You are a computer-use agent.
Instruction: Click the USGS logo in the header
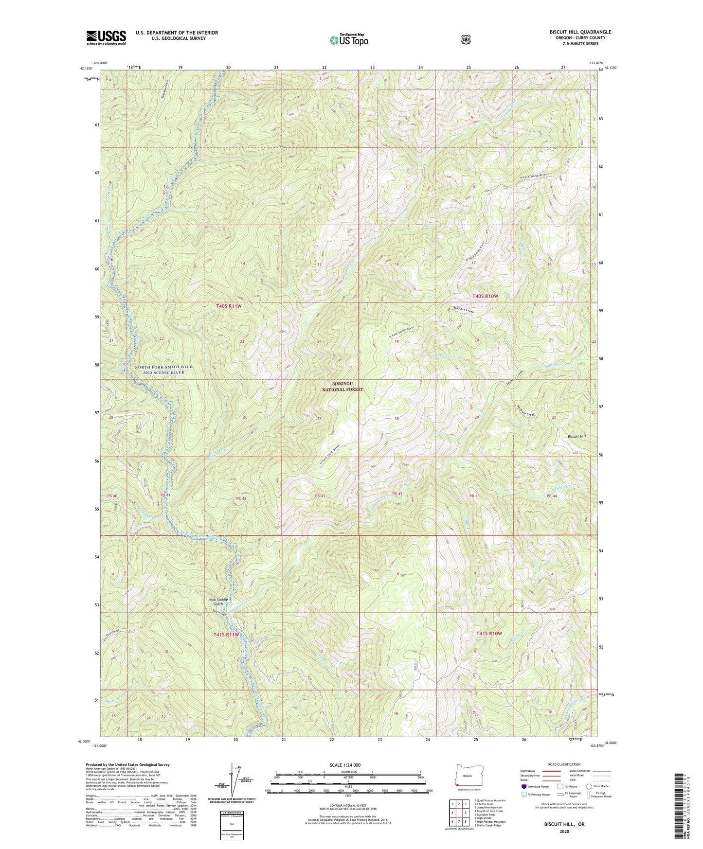pos(106,37)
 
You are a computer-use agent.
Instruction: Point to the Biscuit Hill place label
pos(577,436)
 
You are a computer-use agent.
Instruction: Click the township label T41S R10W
pos(488,634)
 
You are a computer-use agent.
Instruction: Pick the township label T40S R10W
pos(485,296)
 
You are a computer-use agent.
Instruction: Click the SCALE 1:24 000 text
pos(345,765)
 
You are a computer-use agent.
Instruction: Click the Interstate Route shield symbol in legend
pos(523,786)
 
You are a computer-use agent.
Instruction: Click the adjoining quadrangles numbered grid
pos(459,813)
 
